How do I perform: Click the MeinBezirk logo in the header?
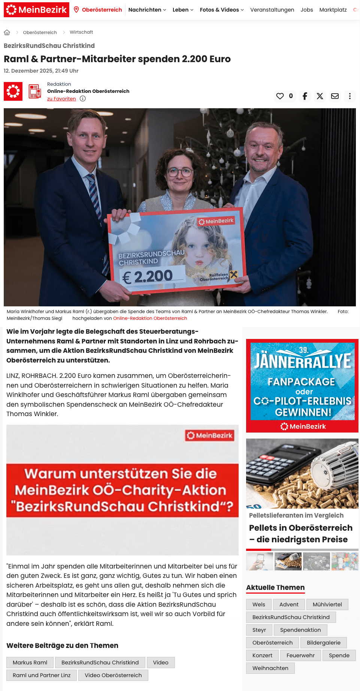36,10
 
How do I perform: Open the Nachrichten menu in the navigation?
147,10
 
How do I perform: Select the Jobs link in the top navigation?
306,10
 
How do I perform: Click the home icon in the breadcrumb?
7,33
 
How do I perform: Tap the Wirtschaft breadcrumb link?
81,32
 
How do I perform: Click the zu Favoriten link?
61,99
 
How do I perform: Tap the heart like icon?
280,96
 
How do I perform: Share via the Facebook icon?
305,96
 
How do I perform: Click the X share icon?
320,96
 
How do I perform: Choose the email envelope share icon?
335,96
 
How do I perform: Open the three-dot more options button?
350,96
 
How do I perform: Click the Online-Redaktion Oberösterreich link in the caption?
150,318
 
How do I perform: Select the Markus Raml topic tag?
30,663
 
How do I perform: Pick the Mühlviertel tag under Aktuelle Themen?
327,604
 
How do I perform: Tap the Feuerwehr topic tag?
300,655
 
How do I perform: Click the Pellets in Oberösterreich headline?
300,533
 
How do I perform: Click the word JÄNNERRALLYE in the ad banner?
302,361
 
